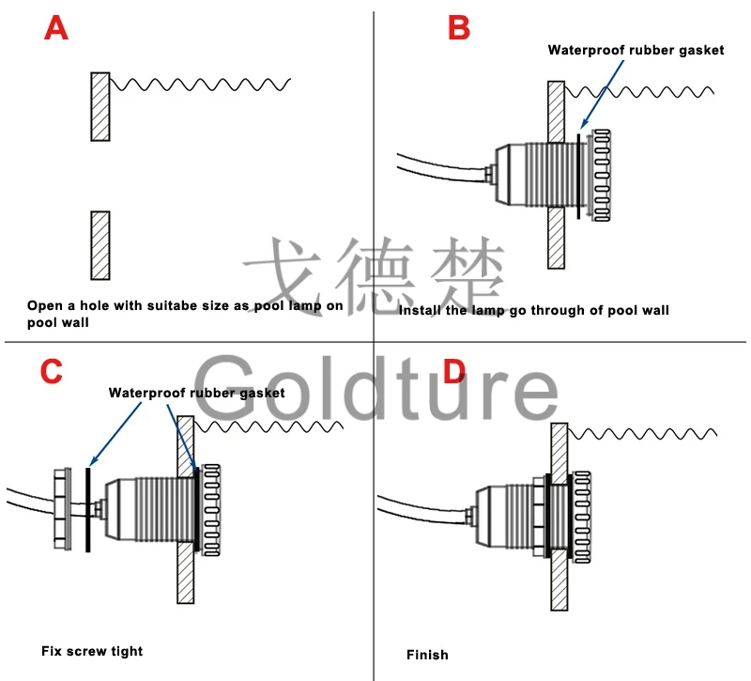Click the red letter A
pyautogui.click(x=56, y=28)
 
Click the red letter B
pyautogui.click(x=458, y=28)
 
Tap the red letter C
pyautogui.click(x=51, y=372)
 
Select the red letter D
pyautogui.click(x=453, y=372)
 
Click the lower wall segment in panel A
pyautogui.click(x=100, y=245)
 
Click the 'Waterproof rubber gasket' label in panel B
pyautogui.click(x=636, y=51)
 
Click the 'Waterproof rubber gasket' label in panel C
pyautogui.click(x=196, y=393)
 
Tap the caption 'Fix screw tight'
pyautogui.click(x=92, y=650)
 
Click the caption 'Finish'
pyautogui.click(x=427, y=654)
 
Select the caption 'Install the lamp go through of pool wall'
pyautogui.click(x=533, y=310)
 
